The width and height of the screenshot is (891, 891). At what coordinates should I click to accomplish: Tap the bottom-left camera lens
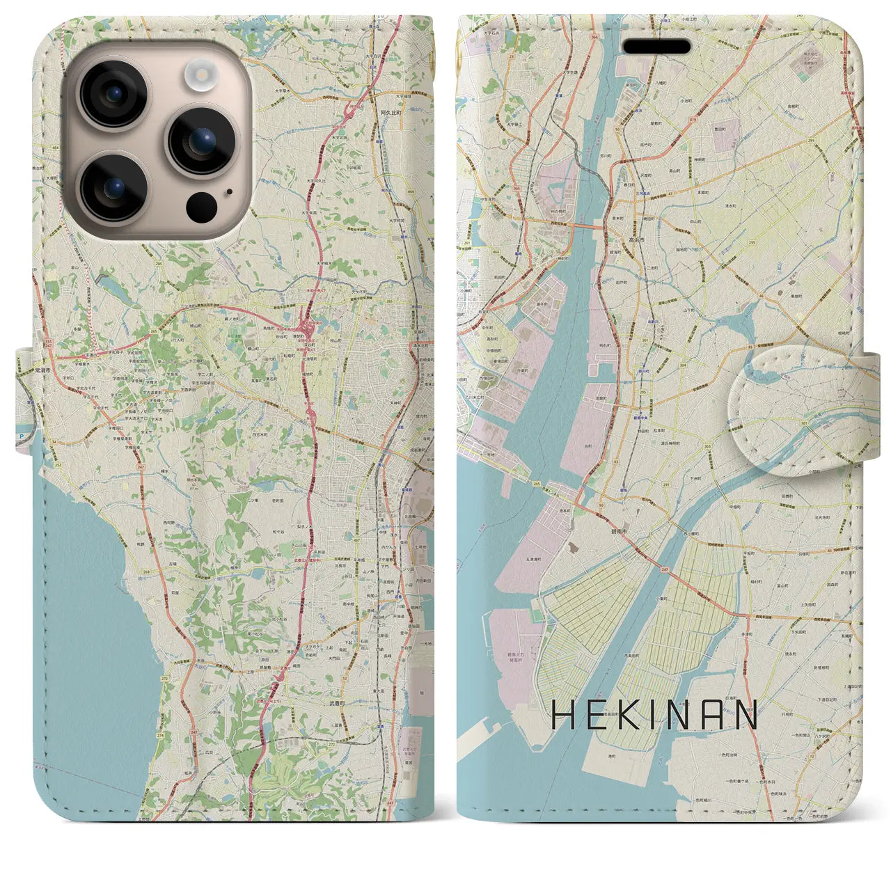pos(113,186)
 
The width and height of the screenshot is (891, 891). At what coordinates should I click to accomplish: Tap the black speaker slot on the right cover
pos(656,47)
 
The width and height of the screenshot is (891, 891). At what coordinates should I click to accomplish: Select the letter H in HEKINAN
pos(564,714)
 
